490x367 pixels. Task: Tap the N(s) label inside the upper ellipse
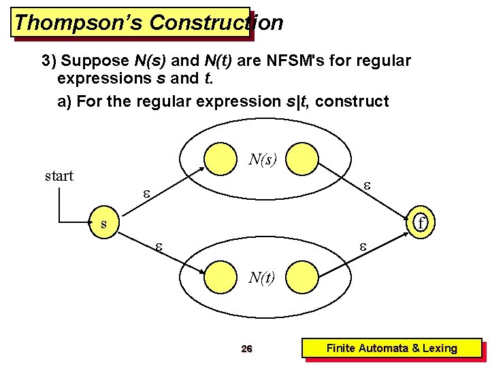tap(262, 160)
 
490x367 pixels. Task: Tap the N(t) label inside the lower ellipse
tap(261, 277)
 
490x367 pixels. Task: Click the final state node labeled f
tap(421, 223)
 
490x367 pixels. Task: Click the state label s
tap(103, 223)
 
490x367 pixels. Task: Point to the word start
tap(59, 176)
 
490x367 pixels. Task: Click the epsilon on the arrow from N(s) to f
tap(366, 185)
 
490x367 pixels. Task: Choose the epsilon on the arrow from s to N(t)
tap(159, 247)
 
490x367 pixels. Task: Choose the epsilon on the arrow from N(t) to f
tap(363, 247)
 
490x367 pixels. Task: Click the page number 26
tap(247, 349)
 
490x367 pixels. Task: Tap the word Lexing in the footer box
tap(440, 349)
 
